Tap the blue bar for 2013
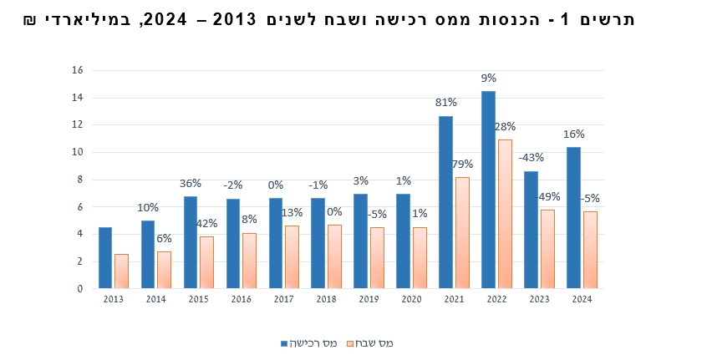(x=105, y=257)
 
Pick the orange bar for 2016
(x=250, y=261)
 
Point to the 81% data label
(x=445, y=103)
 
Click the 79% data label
(x=462, y=165)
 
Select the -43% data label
(x=531, y=158)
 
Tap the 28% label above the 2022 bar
(x=505, y=127)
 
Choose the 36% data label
(x=191, y=184)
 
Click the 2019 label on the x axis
(x=369, y=299)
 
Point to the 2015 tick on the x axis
(x=197, y=299)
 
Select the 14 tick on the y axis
(x=78, y=98)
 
